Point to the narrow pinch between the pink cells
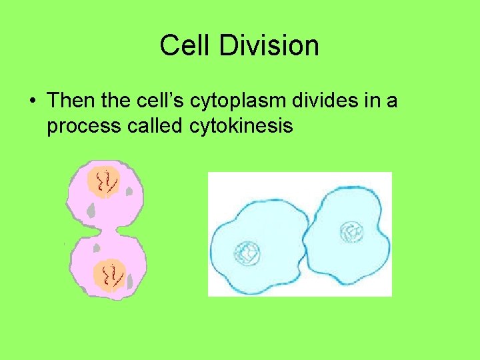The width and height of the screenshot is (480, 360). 100,231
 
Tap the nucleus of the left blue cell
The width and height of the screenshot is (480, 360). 246,253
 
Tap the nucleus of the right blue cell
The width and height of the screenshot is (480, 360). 351,233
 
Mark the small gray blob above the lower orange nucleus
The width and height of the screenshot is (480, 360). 97,248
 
